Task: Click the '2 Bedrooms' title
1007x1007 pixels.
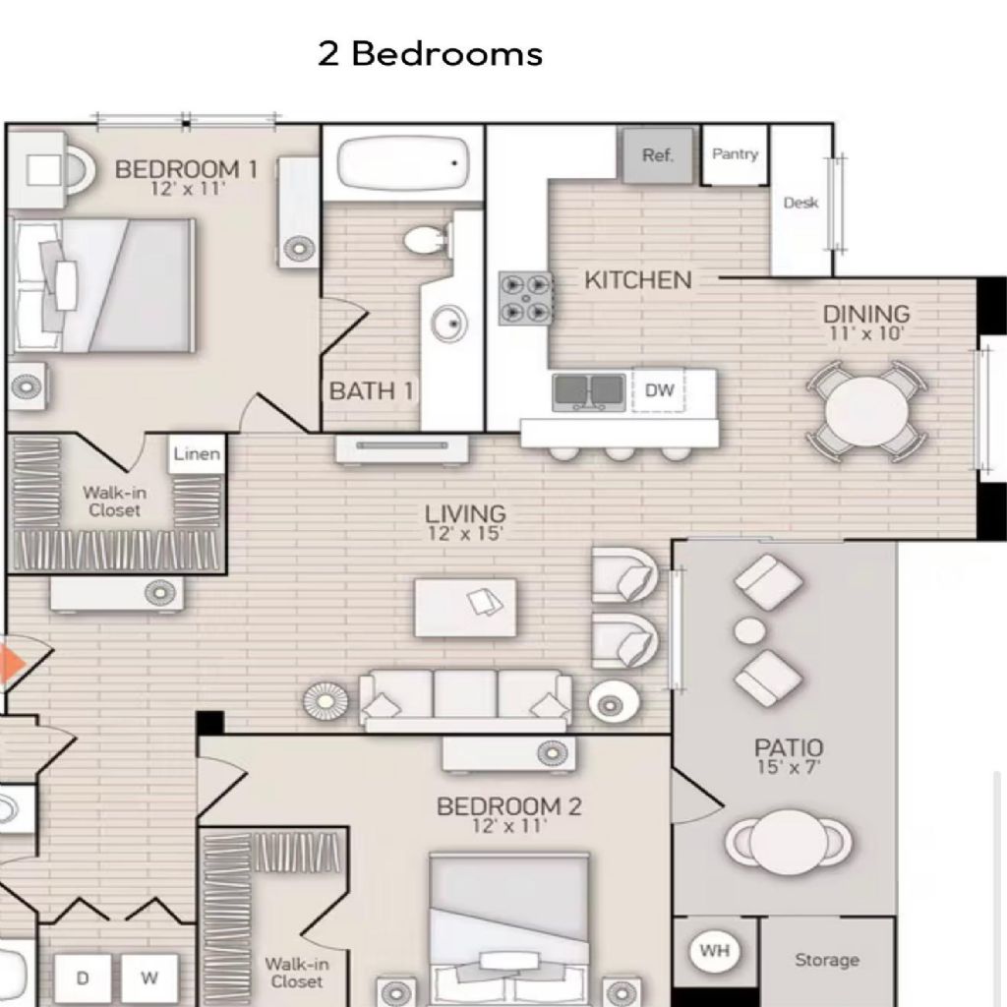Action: [x=431, y=53]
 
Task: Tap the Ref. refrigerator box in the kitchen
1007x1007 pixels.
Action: [x=658, y=154]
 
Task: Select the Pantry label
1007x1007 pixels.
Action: [x=736, y=154]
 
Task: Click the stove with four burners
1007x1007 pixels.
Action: [x=526, y=298]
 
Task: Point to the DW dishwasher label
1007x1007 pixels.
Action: [x=660, y=389]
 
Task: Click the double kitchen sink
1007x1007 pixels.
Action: [x=588, y=391]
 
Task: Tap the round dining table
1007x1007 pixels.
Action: [x=865, y=411]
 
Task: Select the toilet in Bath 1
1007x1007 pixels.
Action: [x=427, y=241]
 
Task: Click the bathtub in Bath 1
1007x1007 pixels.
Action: [x=402, y=163]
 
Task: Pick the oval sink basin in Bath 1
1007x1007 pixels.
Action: [x=448, y=323]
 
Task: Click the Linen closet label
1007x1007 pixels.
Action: [x=197, y=454]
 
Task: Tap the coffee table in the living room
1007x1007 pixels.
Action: [x=465, y=608]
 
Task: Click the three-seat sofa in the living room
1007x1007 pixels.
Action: [x=465, y=700]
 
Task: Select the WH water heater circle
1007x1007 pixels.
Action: [x=715, y=951]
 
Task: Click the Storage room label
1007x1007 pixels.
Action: [x=827, y=960]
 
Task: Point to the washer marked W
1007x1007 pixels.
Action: [x=149, y=978]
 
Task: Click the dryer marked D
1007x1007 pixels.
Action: [x=83, y=978]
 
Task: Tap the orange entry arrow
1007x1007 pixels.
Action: [x=11, y=664]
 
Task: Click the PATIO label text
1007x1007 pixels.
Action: [x=789, y=747]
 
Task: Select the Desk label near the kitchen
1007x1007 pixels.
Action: [x=800, y=203]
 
